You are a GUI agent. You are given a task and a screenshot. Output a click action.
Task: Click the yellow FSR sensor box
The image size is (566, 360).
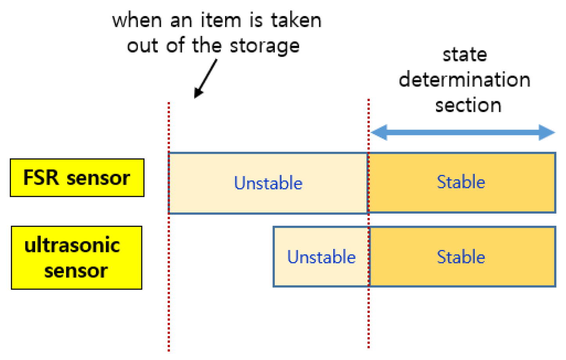[77, 178]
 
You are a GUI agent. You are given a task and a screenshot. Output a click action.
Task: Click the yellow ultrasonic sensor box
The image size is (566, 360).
[76, 257]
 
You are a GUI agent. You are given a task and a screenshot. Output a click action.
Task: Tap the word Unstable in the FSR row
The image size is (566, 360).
[268, 183]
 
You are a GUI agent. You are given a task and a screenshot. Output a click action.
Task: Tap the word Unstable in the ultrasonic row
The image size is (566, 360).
[321, 257]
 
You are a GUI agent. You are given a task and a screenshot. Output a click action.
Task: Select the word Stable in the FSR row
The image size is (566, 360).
[461, 182]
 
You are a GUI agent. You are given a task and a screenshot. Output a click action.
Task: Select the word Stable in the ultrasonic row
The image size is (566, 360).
[461, 257]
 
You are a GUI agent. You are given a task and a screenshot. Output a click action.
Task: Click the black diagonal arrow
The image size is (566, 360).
[205, 79]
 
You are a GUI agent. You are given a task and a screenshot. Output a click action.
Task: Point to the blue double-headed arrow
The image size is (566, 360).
[462, 132]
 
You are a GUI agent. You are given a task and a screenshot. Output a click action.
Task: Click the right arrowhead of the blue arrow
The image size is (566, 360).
[547, 132]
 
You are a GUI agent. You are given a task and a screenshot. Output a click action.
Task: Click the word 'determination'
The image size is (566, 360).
[464, 80]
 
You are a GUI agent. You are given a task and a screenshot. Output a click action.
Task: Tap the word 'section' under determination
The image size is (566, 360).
[468, 105]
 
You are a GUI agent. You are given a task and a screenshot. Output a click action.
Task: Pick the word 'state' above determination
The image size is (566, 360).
[465, 55]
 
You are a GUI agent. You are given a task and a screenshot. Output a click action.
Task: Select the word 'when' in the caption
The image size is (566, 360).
[137, 20]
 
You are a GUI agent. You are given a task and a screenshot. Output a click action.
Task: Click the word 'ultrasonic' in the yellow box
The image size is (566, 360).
[72, 245]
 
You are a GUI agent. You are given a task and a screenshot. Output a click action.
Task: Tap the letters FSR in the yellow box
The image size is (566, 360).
[41, 177]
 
